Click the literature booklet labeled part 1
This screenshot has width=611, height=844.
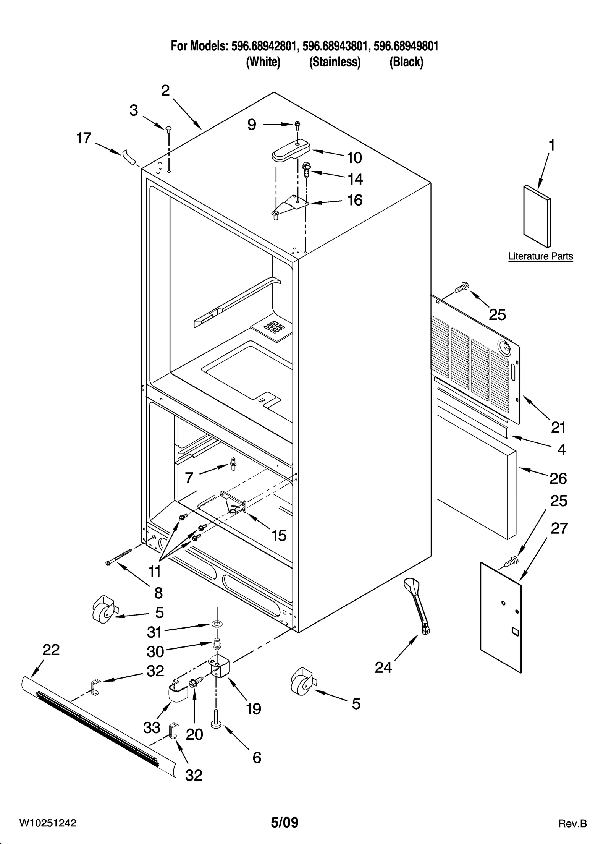(x=537, y=217)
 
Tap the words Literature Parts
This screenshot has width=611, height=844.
(x=540, y=256)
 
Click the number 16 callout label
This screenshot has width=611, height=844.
(x=354, y=200)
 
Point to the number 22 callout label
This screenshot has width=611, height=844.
(x=51, y=650)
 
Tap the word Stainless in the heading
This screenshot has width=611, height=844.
(x=335, y=62)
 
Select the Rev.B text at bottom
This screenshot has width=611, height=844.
(x=572, y=823)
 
